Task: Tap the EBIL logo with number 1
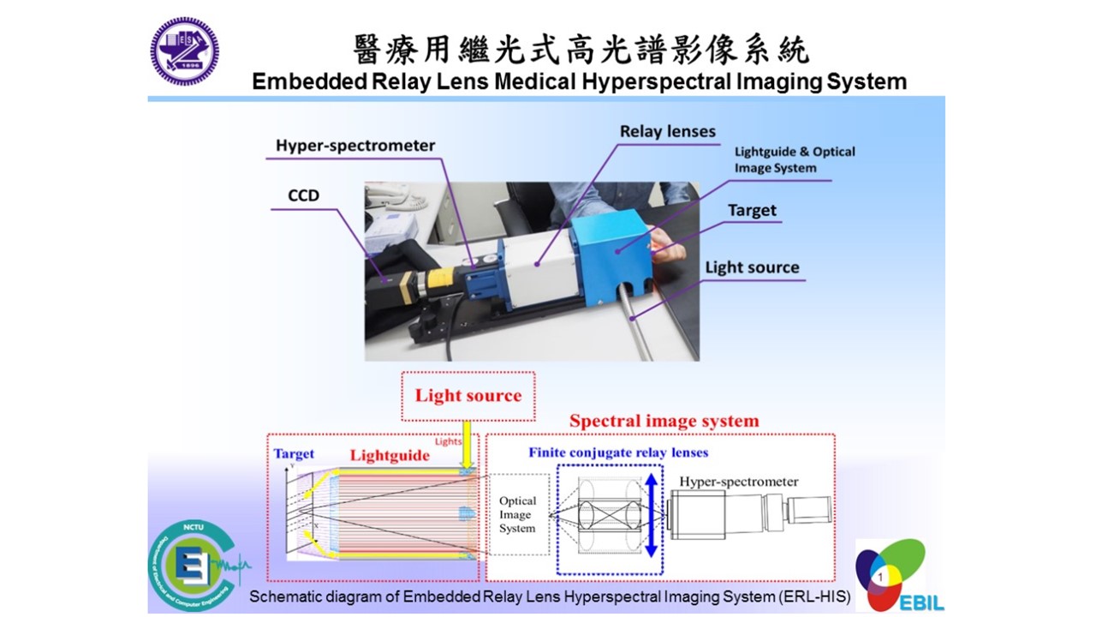(891, 576)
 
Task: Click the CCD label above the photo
(303, 195)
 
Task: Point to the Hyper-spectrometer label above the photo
(355, 146)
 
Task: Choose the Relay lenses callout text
(668, 131)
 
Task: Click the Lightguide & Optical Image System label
(795, 159)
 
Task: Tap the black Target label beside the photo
(752, 210)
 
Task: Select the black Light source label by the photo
(752, 267)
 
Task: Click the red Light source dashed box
(468, 396)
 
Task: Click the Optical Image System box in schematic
(517, 514)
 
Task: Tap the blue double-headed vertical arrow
(652, 516)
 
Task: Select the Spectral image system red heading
(664, 421)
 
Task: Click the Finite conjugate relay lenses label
(618, 452)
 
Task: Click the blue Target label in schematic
(294, 454)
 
